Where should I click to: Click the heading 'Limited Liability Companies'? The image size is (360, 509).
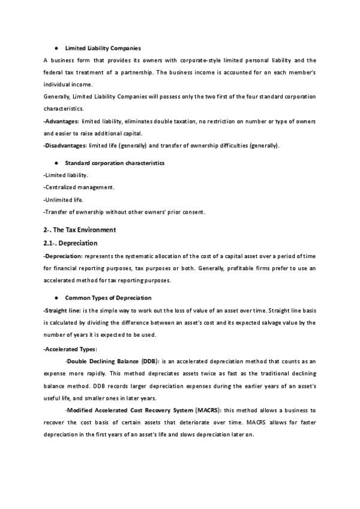103,48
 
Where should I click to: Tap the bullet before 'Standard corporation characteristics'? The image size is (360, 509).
56,163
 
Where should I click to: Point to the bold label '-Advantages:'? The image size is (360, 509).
62,121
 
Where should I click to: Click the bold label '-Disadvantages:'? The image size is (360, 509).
65,145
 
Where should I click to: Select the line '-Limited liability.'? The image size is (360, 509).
66,175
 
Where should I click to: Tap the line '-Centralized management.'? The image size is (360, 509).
79,187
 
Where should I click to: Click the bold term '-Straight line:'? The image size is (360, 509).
64,310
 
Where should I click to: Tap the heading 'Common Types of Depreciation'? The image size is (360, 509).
108,298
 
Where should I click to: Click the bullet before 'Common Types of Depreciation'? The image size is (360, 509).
56,298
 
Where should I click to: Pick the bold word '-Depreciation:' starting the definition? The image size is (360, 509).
63,256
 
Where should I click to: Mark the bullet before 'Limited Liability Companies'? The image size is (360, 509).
56,48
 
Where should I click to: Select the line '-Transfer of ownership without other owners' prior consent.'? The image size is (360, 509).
125,211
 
